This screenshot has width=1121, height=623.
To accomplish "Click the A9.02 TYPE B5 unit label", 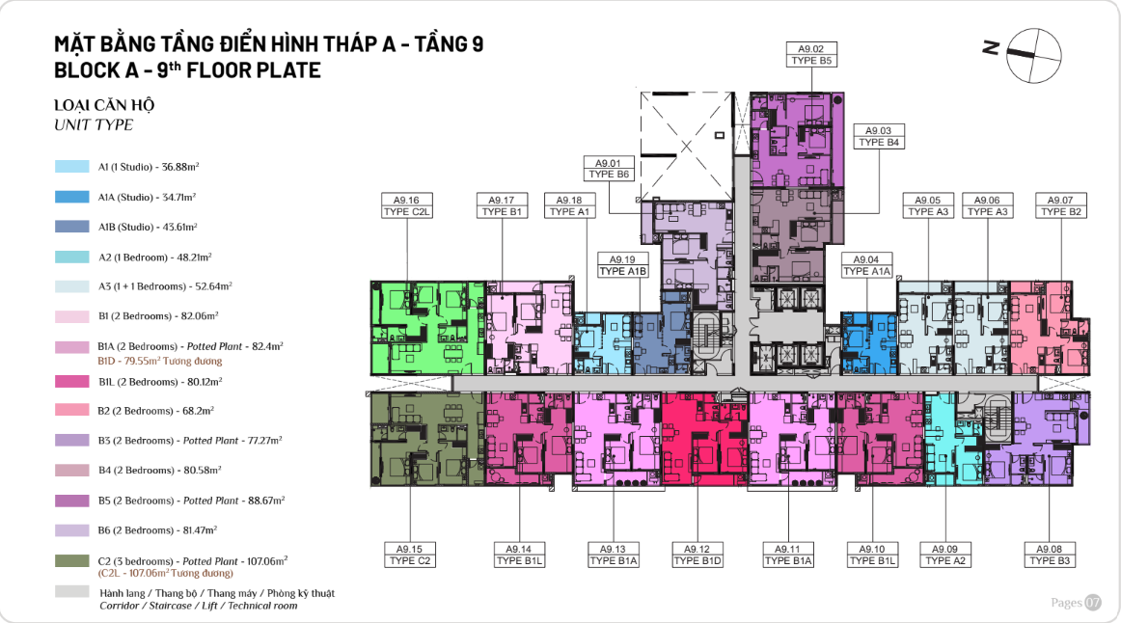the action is (x=810, y=55).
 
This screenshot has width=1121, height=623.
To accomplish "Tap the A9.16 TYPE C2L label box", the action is (x=407, y=205).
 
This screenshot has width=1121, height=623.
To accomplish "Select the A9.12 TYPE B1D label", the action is (x=697, y=555).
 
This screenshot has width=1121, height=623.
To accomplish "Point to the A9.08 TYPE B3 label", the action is (x=1049, y=555).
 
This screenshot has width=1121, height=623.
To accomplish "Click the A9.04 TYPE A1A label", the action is (x=866, y=265).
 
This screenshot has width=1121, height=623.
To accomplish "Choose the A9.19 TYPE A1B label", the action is (x=622, y=265).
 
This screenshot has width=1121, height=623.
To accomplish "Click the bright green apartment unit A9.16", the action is (x=427, y=328).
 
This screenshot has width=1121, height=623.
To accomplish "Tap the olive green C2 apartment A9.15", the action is (x=427, y=439).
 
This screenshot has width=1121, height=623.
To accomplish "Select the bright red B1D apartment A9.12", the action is (x=705, y=439).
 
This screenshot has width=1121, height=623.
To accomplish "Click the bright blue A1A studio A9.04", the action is (x=868, y=343).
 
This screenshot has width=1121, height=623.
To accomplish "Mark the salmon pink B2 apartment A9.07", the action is (x=1050, y=328).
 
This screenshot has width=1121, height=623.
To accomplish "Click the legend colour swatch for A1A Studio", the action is (x=72, y=197).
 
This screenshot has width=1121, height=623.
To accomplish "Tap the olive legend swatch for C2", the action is (x=72, y=561).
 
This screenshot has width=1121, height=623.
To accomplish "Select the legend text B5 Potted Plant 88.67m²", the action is (x=192, y=501).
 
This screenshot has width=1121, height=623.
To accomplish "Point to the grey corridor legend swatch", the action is (x=72, y=591).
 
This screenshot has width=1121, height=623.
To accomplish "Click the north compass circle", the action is (x=1034, y=56).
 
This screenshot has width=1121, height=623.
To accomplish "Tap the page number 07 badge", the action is (x=1093, y=603).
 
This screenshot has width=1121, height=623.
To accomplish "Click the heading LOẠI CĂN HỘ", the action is (x=104, y=105).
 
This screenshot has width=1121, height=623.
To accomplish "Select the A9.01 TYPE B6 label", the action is (x=609, y=169).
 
